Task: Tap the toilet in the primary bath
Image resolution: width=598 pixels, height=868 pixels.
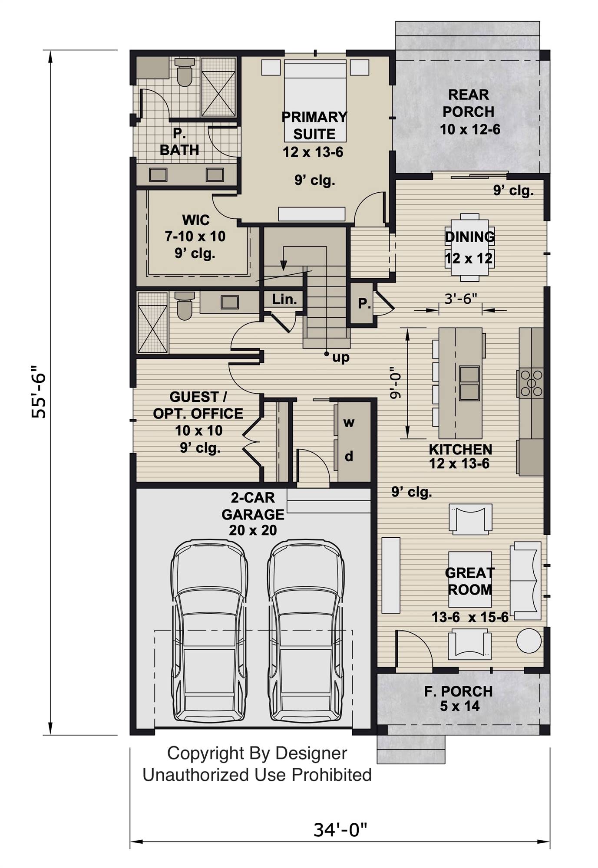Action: (184, 73)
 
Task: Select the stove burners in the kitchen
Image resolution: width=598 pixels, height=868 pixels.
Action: (531, 383)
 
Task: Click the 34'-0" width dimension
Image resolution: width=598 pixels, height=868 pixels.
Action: (340, 830)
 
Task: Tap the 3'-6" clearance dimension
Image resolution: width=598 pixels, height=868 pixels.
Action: (460, 299)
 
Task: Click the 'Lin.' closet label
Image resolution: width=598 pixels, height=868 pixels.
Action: (284, 299)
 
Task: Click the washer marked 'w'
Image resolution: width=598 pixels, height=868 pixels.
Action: (349, 422)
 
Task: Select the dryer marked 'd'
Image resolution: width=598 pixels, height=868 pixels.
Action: (349, 456)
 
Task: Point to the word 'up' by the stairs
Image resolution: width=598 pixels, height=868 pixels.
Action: (341, 358)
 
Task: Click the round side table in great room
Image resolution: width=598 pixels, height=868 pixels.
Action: (529, 640)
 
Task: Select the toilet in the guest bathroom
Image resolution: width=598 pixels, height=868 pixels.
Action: (185, 306)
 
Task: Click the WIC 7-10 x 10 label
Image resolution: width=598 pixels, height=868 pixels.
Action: (195, 236)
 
